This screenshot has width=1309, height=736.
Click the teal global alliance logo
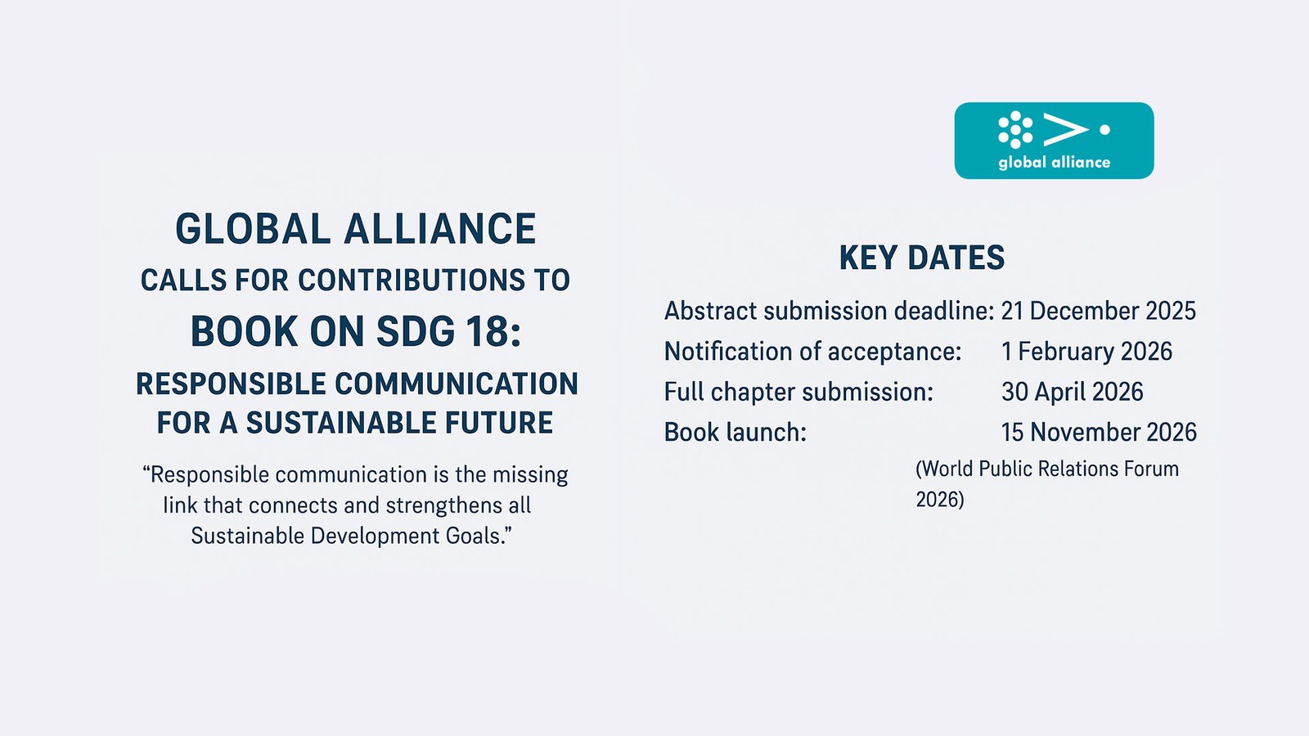pos(1055,141)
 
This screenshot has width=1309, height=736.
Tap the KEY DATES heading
pos(922,258)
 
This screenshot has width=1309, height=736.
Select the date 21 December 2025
pos(1099,311)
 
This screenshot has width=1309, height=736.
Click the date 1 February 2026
pos(1087,351)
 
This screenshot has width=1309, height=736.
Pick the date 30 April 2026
pos(1073,392)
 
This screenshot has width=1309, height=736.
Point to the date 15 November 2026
pos(1100,433)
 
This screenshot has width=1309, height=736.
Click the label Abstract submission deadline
pos(830,311)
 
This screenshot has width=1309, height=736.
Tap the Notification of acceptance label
pos(813,352)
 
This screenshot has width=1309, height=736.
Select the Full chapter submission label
pos(798,392)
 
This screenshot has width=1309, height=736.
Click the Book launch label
pos(735,433)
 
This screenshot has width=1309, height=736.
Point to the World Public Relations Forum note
pos(1047,484)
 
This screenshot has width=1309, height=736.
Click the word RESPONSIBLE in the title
pos(231,384)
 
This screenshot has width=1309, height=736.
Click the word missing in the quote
pos(531,475)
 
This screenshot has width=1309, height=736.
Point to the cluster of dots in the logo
pos(1015,130)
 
